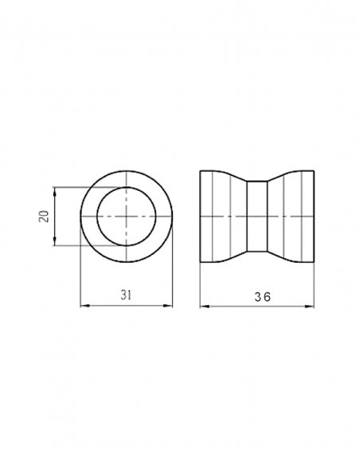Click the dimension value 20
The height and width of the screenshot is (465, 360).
pyautogui.click(x=44, y=217)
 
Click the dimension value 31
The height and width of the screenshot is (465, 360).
pyautogui.click(x=126, y=295)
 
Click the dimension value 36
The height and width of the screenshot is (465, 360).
pyautogui.click(x=263, y=297)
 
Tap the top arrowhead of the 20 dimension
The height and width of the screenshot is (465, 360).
pyautogui.click(x=54, y=191)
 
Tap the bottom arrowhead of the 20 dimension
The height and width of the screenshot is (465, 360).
pyautogui.click(x=54, y=241)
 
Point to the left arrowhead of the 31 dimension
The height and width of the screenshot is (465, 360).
pyautogui.click(x=84, y=306)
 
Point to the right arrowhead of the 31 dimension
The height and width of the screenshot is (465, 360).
pyautogui.click(x=168, y=306)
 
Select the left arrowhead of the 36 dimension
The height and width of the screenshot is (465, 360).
pyautogui.click(x=205, y=307)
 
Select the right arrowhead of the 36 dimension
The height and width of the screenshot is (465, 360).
pyautogui.click(x=309, y=307)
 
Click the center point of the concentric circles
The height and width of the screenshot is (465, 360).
pyautogui.click(x=127, y=217)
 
